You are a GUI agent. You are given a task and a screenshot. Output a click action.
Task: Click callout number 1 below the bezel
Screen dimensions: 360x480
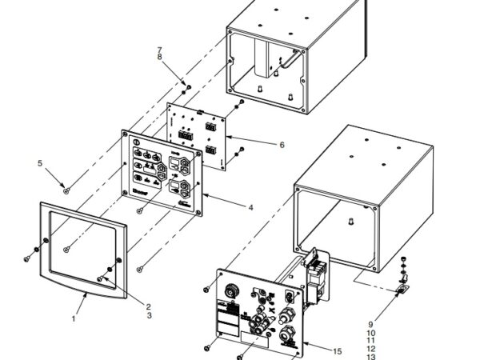tap(73, 318)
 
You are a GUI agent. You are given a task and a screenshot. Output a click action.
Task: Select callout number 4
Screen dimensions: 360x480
tap(250, 207)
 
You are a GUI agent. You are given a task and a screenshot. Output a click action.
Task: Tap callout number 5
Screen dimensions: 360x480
tap(39, 164)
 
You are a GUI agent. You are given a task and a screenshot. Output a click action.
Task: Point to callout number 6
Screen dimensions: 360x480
tap(281, 144)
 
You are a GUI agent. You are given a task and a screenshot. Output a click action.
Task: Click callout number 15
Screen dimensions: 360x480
tap(337, 351)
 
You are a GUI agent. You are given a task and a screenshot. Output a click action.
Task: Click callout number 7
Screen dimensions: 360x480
tap(159, 50)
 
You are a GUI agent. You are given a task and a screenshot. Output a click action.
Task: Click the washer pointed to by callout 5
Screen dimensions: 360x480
tap(67, 190)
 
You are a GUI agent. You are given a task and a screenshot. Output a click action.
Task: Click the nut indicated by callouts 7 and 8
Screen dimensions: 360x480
tap(185, 84)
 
